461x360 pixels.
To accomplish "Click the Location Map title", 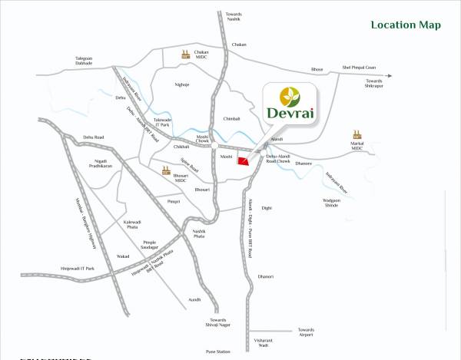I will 406,25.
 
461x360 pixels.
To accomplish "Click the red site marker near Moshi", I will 244,160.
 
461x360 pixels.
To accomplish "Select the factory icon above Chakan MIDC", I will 185,54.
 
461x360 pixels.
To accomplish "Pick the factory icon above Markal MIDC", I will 357,134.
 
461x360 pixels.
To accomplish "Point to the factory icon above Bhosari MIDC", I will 165,172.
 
